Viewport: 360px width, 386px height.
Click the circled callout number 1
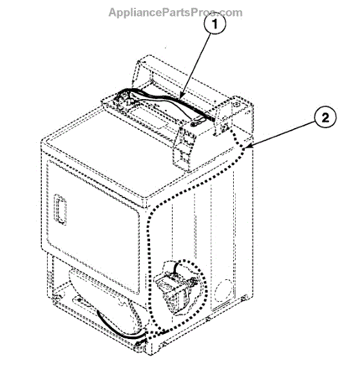tap(214, 24)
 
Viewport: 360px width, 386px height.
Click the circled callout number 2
tap(325, 117)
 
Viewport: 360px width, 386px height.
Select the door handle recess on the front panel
tap(60, 209)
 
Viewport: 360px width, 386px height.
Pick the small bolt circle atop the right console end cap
tap(236, 104)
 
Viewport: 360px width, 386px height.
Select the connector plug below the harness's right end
tap(196, 122)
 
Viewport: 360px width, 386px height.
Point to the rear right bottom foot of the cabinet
tap(243, 299)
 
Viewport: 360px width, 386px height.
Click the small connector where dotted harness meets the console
tap(225, 127)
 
